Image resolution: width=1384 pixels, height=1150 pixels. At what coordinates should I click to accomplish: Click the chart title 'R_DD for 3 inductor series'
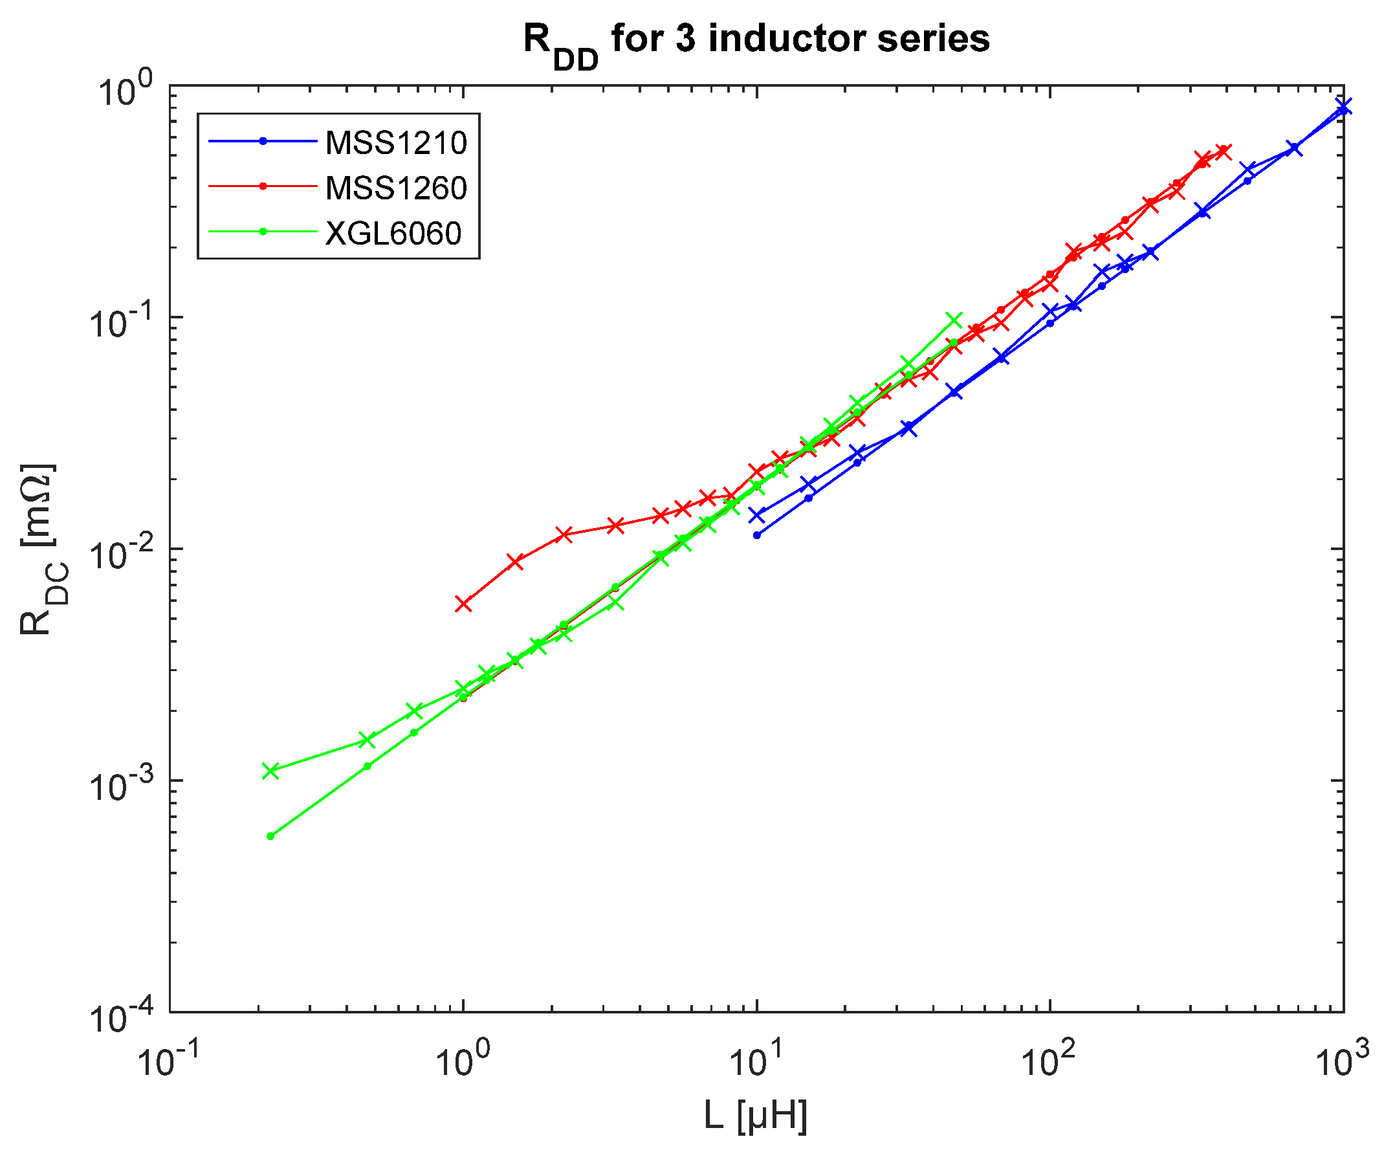click(x=756, y=41)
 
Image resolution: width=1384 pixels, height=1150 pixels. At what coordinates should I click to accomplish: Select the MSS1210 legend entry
click(x=395, y=142)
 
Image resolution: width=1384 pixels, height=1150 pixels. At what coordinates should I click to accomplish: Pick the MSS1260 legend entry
click(x=395, y=188)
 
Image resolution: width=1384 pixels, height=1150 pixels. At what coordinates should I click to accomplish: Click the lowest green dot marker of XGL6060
click(x=270, y=836)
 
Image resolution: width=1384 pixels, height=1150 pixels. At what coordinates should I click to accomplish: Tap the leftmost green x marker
click(x=270, y=771)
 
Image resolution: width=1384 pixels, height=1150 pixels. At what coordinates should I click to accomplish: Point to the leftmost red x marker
click(x=463, y=604)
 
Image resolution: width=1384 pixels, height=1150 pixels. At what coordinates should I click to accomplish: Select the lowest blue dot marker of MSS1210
click(x=756, y=535)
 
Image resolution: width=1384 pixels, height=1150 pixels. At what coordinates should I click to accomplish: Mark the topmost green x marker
click(x=954, y=320)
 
